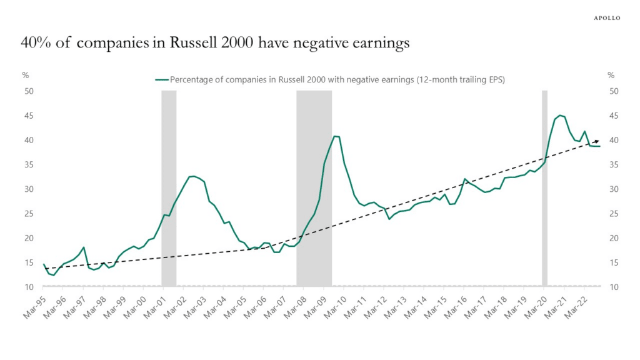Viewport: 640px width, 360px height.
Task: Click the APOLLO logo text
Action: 606,18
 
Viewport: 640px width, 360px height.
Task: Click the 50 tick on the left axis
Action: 28,91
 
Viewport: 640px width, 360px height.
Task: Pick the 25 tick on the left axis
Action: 28,214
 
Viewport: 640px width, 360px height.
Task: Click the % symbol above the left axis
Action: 26,76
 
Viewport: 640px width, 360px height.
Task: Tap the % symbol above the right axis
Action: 611,76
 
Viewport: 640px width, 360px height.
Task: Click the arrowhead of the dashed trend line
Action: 597,141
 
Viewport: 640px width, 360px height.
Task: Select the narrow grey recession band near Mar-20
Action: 544,187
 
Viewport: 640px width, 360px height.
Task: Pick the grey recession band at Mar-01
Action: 169,187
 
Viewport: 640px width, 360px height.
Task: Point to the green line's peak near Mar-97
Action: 84,247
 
